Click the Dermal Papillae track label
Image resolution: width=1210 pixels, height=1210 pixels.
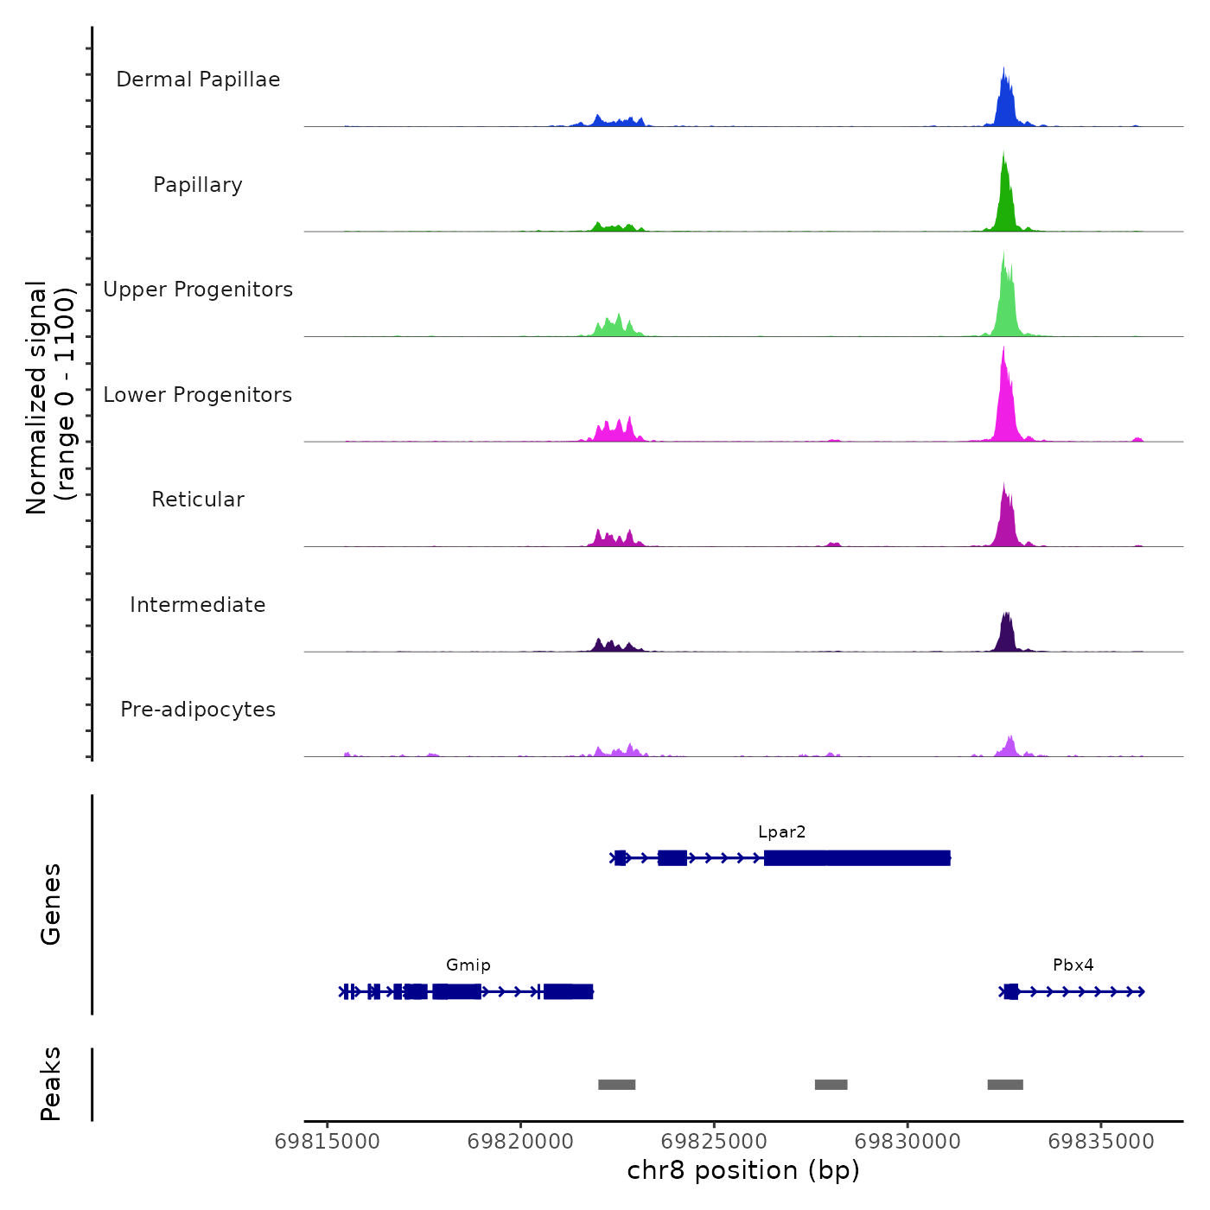tap(198, 80)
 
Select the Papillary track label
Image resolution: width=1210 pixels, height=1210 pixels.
tap(198, 185)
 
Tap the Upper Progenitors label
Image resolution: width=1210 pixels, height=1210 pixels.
tap(198, 290)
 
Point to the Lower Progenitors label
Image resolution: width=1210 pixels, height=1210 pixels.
tap(198, 395)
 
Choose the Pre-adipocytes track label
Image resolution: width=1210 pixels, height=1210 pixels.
tap(198, 710)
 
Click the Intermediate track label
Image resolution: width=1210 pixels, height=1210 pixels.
tap(198, 605)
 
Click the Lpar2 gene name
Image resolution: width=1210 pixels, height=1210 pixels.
tap(781, 832)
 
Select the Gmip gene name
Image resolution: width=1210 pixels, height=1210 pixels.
tap(468, 965)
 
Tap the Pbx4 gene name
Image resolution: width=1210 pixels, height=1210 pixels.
tap(1073, 965)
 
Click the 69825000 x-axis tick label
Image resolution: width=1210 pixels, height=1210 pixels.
tap(715, 1142)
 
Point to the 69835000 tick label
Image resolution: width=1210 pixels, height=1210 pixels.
tap(1101, 1142)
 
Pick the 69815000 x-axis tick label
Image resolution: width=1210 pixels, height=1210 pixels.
tap(328, 1142)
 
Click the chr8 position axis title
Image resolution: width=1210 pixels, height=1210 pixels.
tap(743, 1170)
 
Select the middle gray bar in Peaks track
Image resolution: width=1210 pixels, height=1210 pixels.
tap(831, 1085)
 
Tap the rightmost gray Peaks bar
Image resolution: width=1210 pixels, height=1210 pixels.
tap(1005, 1085)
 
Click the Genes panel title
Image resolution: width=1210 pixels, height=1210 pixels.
tap(51, 904)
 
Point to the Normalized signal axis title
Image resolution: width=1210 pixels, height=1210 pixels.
tap(51, 398)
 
